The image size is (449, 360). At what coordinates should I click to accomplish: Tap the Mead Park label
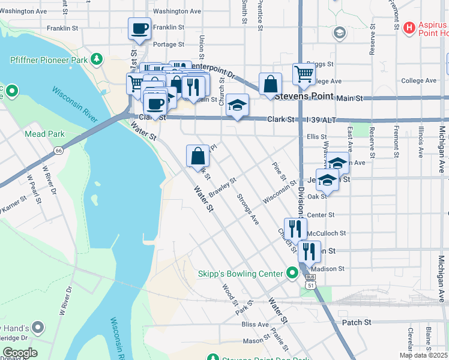[44, 134]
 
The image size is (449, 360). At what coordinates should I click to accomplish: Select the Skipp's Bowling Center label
[240, 274]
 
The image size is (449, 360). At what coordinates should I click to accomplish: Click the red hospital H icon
[409, 27]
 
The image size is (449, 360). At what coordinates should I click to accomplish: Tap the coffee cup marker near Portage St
[139, 29]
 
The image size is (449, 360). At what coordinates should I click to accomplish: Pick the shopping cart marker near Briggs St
[304, 74]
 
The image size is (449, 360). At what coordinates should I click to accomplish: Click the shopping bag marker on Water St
[197, 157]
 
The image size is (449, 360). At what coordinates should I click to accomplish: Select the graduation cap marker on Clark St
[238, 106]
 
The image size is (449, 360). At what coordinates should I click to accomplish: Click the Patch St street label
[356, 322]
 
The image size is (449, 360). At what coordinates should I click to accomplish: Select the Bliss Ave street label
[255, 324]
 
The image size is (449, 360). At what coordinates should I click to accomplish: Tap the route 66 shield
[58, 149]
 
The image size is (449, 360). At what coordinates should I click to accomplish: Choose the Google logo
[20, 353]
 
